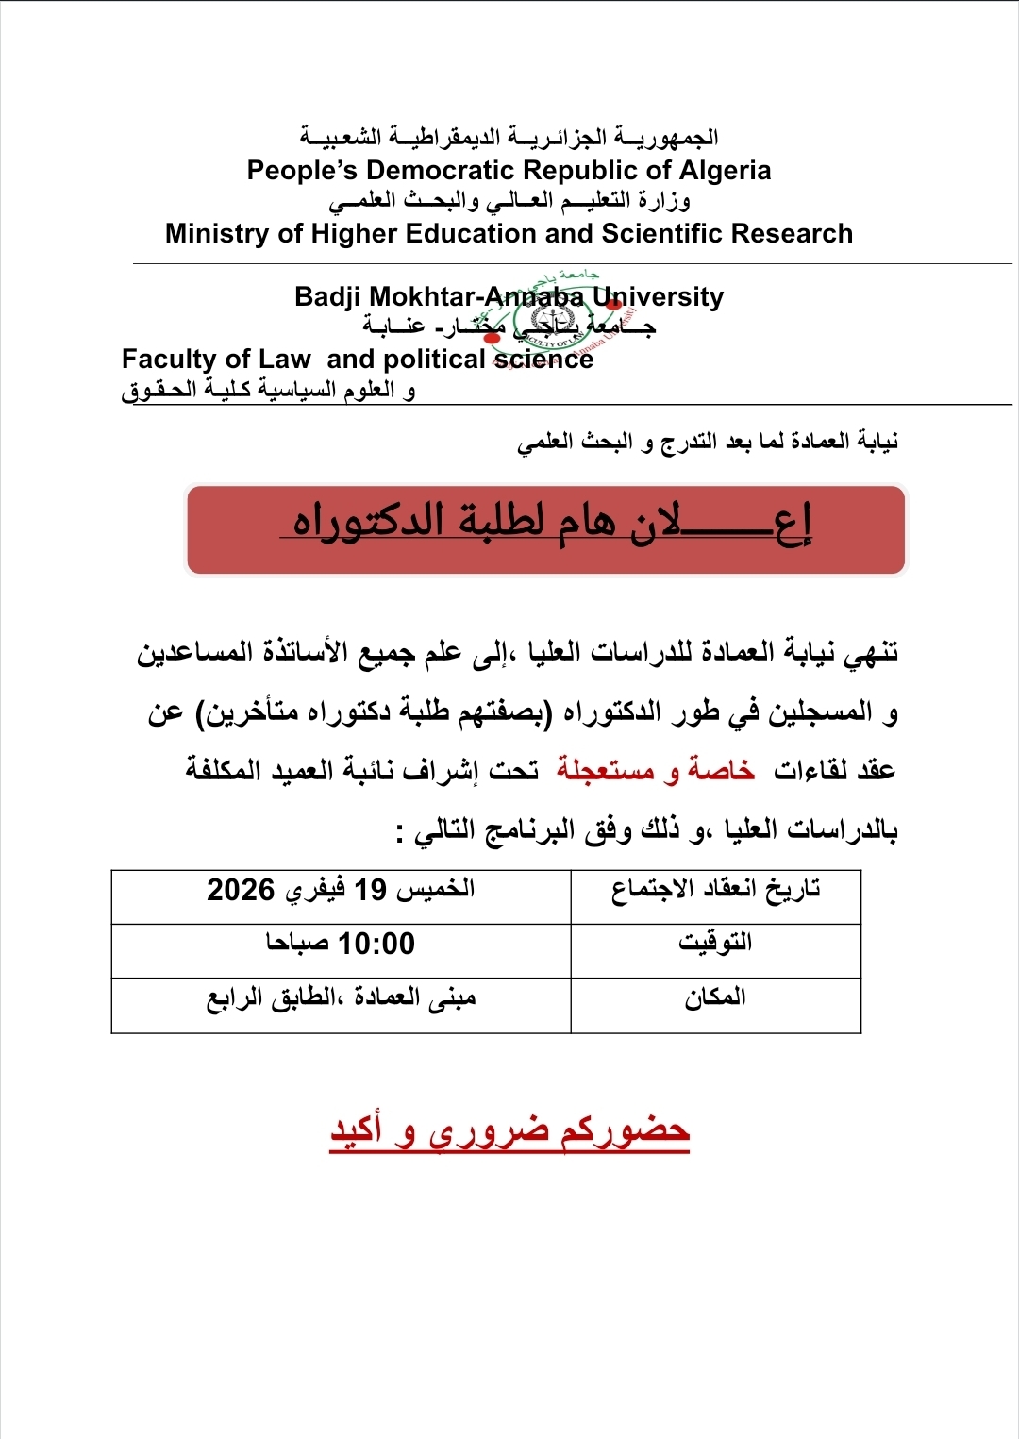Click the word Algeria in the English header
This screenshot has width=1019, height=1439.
725,171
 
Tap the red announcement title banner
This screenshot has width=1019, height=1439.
545,529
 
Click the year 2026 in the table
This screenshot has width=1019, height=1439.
241,890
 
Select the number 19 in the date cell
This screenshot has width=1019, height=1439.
370,890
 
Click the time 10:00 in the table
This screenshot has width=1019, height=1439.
376,944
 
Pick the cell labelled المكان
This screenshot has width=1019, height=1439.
715,997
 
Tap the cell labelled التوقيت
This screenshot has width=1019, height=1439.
715,943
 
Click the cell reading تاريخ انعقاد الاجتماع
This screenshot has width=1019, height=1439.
715,889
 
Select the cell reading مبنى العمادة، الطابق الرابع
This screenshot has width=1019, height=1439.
342,998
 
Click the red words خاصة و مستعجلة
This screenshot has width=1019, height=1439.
655,771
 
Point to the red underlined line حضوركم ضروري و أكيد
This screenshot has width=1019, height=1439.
509,1130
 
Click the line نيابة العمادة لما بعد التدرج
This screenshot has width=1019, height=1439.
708,442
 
